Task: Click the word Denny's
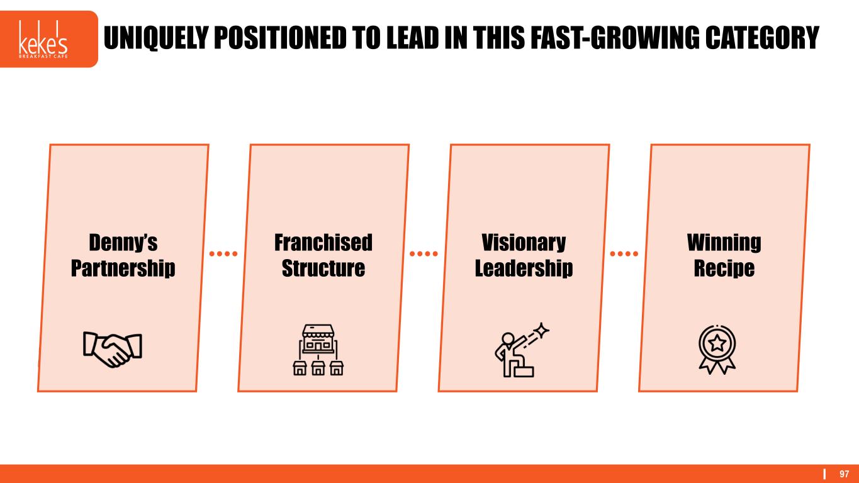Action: [x=123, y=243]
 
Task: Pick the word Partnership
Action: [x=123, y=269]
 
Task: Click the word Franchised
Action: [x=323, y=243]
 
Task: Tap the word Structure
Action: [x=323, y=269]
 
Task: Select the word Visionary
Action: [x=524, y=243]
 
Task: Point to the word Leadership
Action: [x=524, y=269]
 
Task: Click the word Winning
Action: [x=724, y=243]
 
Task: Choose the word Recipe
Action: [x=724, y=269]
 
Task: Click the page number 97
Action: [x=844, y=474]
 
